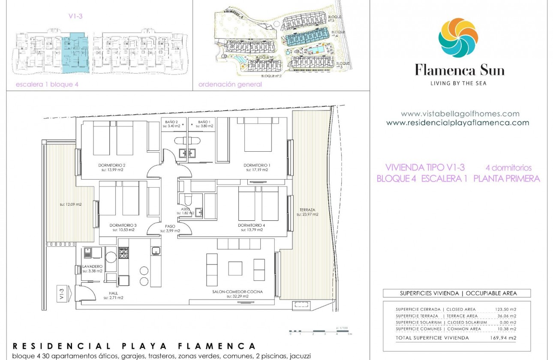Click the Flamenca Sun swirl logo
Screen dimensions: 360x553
pos(458,38)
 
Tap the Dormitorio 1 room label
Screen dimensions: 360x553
pos(257,165)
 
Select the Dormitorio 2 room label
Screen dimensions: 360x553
pos(112,165)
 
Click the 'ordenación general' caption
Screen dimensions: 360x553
pos(230,84)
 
